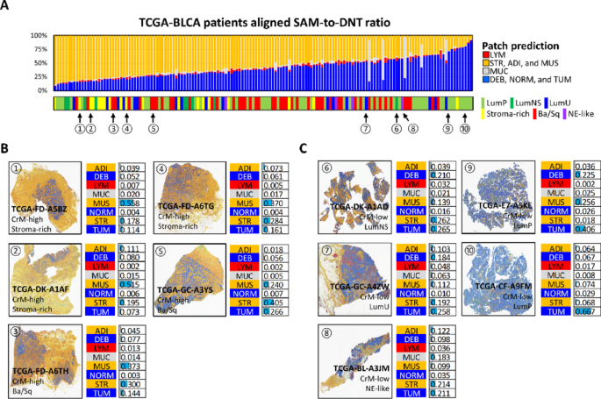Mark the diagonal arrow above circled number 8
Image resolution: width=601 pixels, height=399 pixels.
point(405,117)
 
